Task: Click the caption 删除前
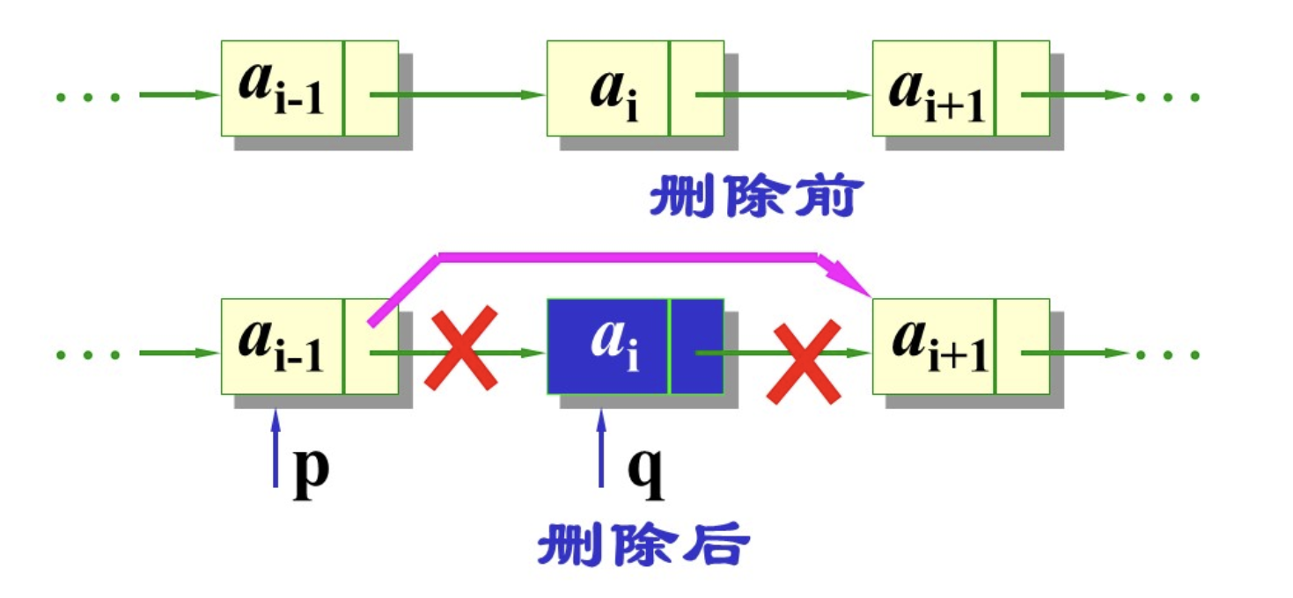click(x=753, y=200)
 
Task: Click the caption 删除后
click(x=643, y=545)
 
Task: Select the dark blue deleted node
click(x=635, y=346)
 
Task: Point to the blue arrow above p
click(x=275, y=448)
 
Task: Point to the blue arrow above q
click(x=602, y=448)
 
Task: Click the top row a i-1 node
click(x=309, y=88)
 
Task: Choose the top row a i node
click(x=635, y=88)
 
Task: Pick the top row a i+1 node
click(x=960, y=88)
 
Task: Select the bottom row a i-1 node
click(x=309, y=346)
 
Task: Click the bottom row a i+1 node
click(x=960, y=346)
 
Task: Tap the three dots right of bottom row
click(x=1168, y=354)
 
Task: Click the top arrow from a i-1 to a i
click(x=458, y=94)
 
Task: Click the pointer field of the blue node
click(x=697, y=346)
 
